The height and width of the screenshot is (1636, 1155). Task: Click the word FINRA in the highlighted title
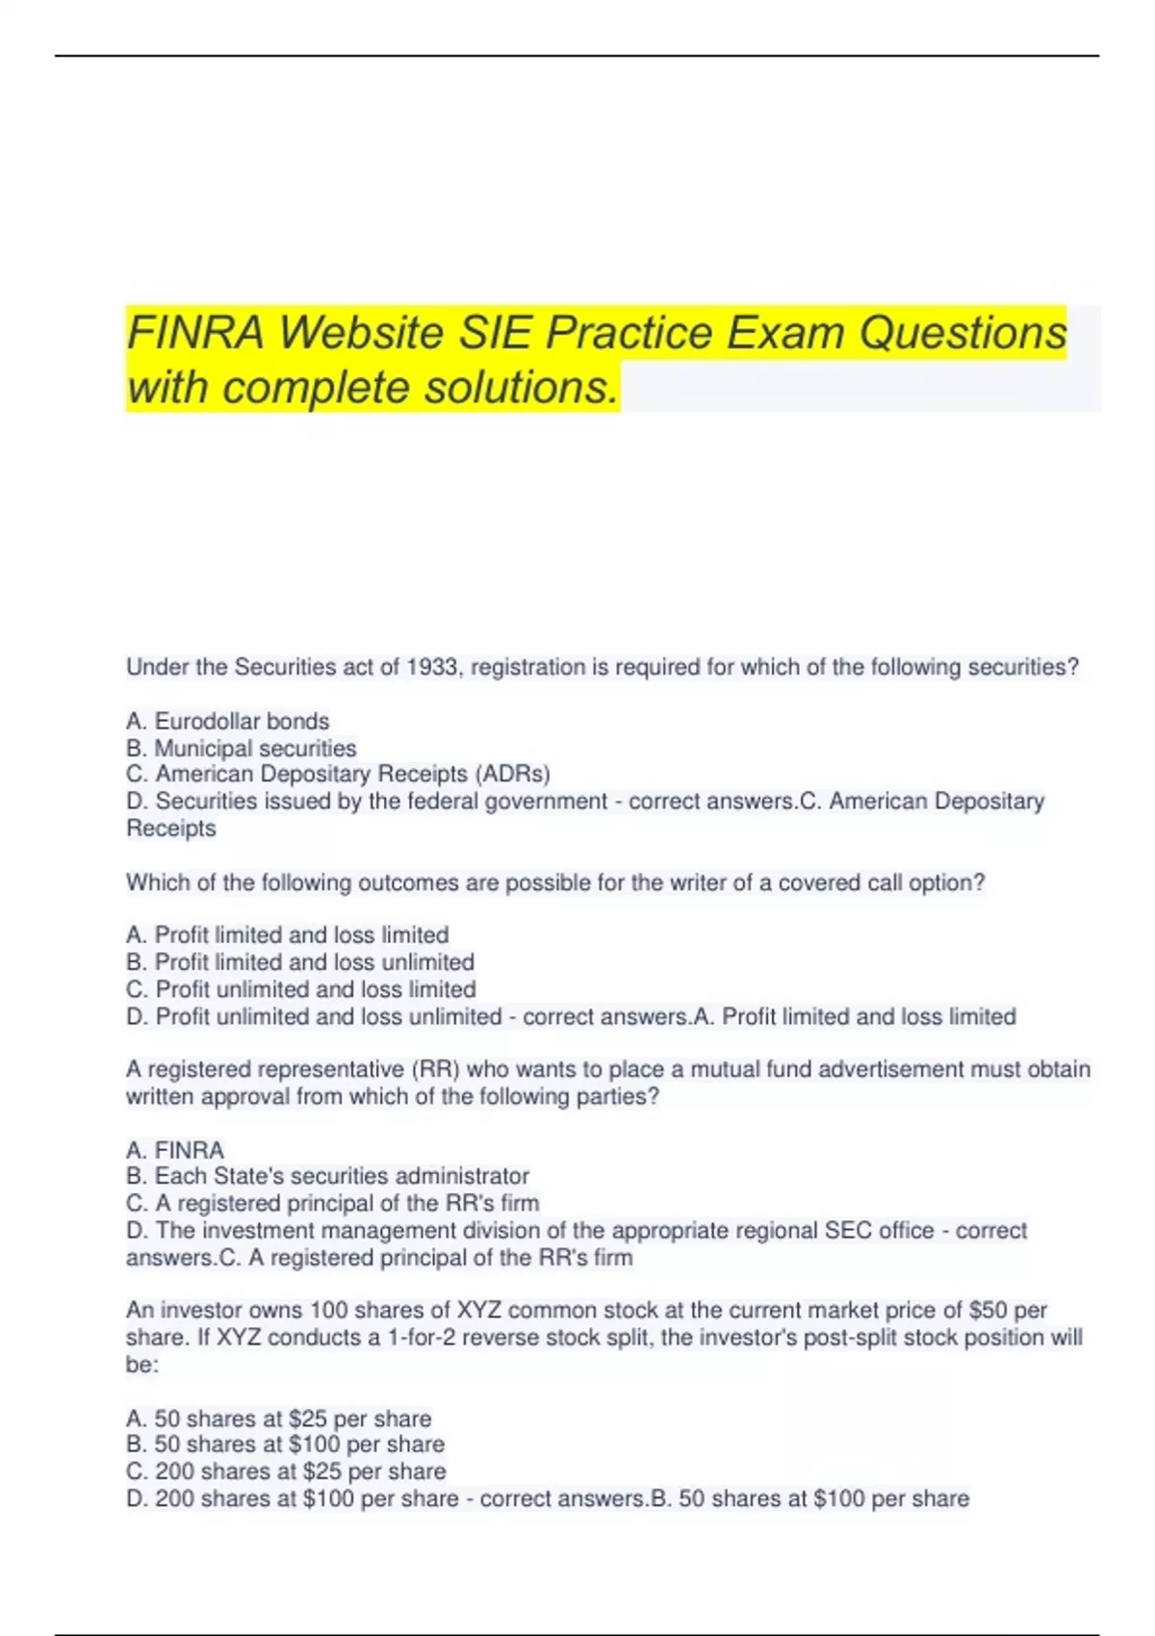[195, 334]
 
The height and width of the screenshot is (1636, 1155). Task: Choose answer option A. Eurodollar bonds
[228, 722]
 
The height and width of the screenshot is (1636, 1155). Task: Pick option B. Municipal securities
[242, 749]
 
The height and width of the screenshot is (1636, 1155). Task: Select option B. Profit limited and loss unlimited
[300, 962]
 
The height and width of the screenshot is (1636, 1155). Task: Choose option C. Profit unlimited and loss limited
[301, 989]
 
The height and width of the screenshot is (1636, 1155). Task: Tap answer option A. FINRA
[175, 1150]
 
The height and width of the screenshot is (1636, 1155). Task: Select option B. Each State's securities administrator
[327, 1176]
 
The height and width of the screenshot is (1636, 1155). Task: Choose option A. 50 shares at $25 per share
[279, 1419]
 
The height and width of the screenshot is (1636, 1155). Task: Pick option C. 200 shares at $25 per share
[286, 1471]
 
